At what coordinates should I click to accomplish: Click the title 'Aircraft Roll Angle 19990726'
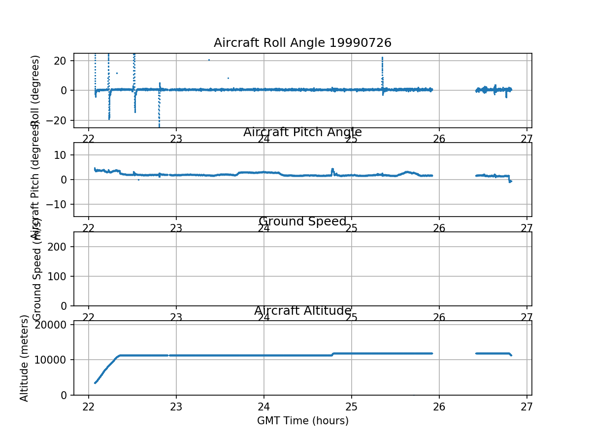(302, 43)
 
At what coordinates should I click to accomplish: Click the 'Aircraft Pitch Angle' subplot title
(302, 132)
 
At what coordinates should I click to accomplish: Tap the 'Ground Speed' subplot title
(302, 222)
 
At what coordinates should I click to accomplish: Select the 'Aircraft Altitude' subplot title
(302, 311)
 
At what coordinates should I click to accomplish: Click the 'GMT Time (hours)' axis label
(302, 421)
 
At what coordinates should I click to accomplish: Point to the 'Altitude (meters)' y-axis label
(24, 358)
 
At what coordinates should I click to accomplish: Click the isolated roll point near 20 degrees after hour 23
(209, 60)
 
